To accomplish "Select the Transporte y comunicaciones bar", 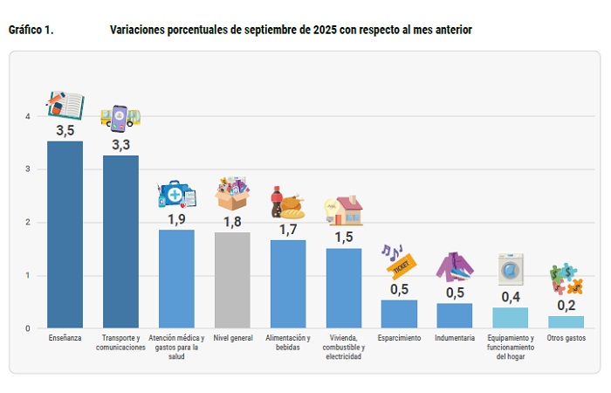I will coord(120,242).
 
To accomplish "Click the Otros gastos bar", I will coord(566,322).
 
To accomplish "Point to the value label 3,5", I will coord(65,130).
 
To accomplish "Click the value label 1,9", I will coord(176,218).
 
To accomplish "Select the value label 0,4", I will coord(511,296).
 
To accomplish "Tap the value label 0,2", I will coord(566,305).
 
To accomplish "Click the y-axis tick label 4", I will coord(28,116).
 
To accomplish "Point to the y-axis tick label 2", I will coord(28,223).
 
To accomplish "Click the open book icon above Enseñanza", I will coord(65,105).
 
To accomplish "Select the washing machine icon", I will coord(511,269).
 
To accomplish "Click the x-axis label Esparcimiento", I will coord(400,338).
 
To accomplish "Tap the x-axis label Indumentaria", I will coord(455,338).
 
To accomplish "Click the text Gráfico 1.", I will coord(31,30).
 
